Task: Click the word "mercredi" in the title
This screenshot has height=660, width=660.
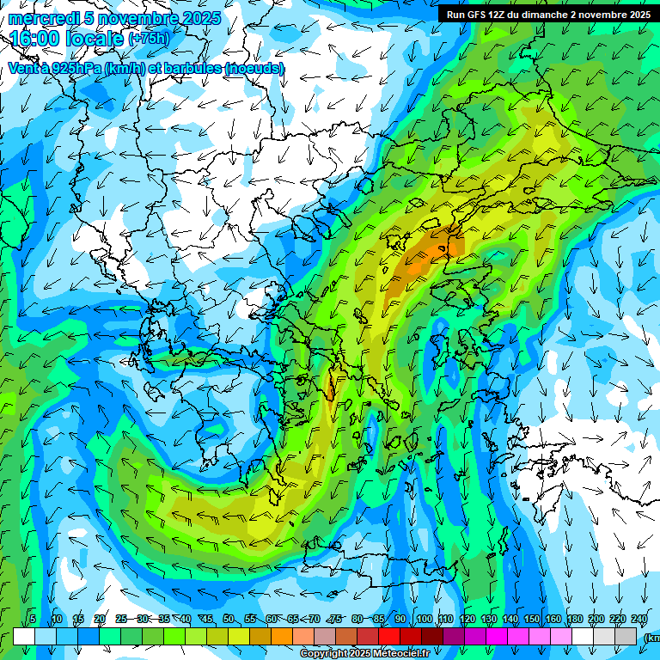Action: click(x=40, y=18)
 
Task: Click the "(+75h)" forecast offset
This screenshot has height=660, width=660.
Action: click(x=148, y=39)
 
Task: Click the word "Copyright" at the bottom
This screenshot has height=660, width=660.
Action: click(x=325, y=654)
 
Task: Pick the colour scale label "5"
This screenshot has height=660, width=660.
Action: click(x=33, y=619)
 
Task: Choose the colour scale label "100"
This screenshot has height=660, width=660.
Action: click(x=424, y=619)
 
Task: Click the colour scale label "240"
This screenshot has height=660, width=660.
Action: click(x=639, y=619)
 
